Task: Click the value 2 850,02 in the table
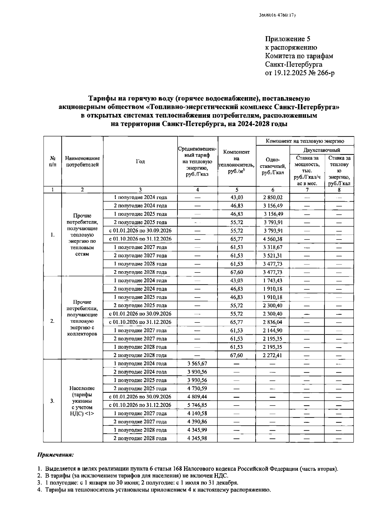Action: [273, 198]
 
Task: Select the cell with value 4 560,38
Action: [273, 239]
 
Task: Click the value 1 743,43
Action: [273, 281]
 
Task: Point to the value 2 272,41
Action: [273, 356]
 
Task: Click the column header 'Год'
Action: [140, 162]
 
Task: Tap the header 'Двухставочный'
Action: [322, 150]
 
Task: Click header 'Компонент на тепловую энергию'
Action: [305, 141]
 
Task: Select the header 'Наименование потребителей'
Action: [82, 162]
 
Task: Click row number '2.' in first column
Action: [52, 321]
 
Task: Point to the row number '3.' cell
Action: [52, 401]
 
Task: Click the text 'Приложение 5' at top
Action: [288, 39]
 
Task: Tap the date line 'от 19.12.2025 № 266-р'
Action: [300, 73]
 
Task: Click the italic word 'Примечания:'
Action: [55, 455]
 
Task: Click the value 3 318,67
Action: [273, 247]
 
